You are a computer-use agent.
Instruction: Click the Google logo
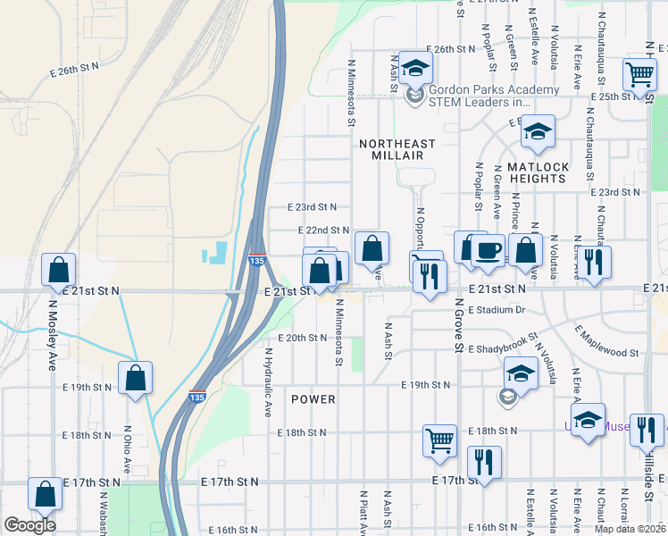tap(30, 525)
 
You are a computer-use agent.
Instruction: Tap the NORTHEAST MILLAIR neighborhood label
tap(397, 149)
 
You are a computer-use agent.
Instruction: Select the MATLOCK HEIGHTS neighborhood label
tap(537, 172)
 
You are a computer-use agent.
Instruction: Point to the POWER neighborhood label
tap(313, 399)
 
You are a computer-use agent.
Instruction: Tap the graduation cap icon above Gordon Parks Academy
tap(415, 67)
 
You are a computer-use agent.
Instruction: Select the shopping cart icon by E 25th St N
tap(639, 76)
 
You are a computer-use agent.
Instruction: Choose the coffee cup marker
tap(488, 249)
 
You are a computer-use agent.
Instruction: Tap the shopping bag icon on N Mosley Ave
tap(58, 269)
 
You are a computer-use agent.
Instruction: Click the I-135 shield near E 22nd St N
tap(256, 260)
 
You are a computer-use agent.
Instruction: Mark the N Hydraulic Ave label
tap(266, 383)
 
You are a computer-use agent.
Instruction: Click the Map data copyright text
tap(630, 528)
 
